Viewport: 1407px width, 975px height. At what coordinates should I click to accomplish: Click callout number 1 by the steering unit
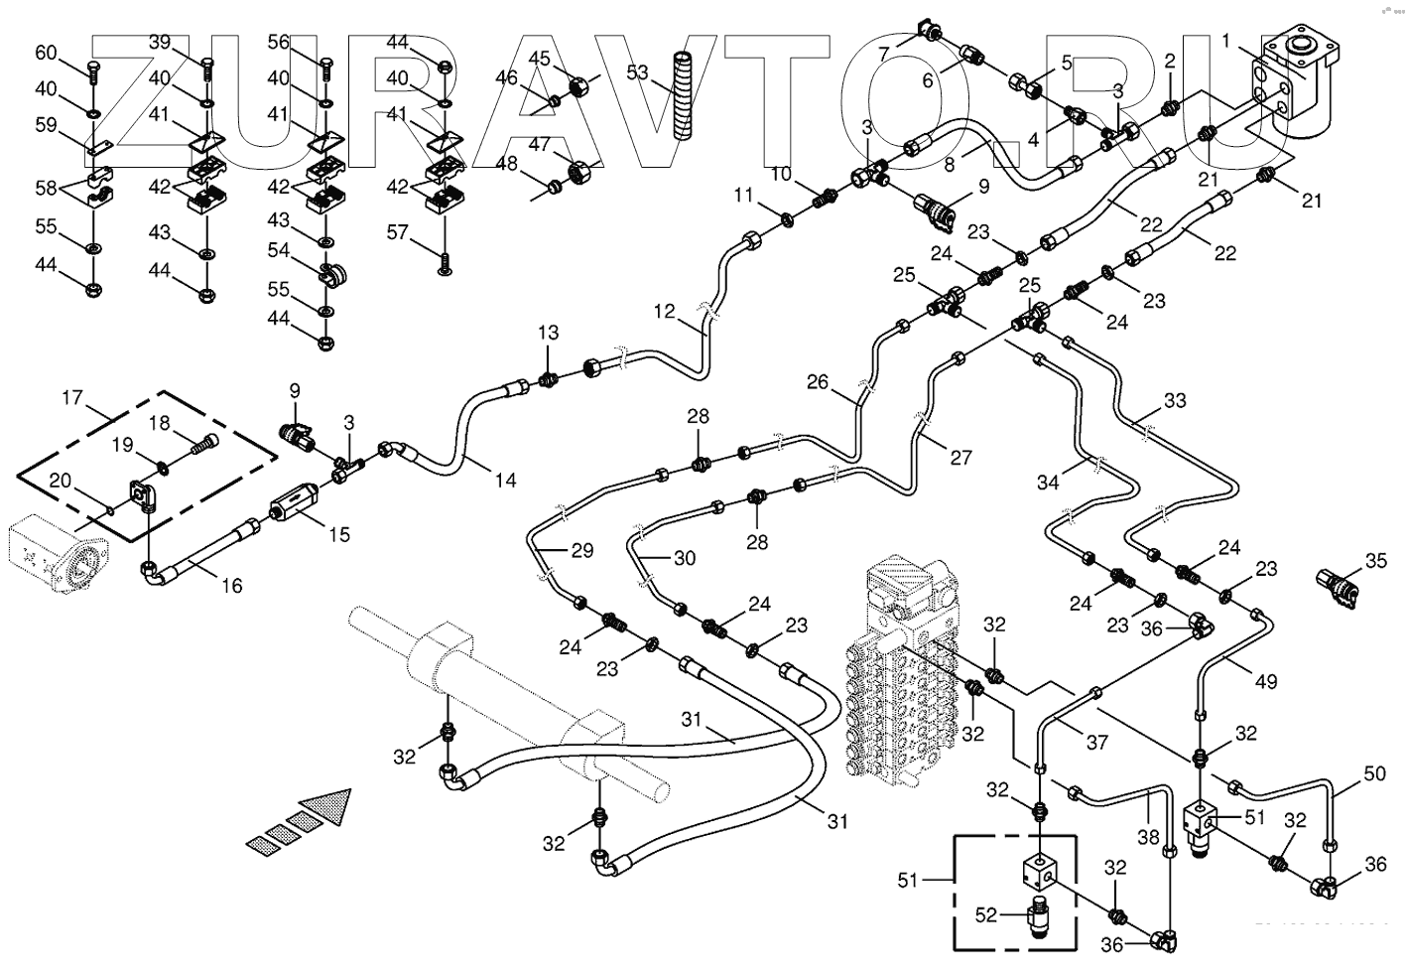pos(1227,41)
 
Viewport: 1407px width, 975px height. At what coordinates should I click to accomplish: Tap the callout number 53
pos(637,72)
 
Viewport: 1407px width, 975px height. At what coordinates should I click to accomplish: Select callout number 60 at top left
pos(47,53)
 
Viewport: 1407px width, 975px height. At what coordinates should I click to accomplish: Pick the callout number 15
pos(339,535)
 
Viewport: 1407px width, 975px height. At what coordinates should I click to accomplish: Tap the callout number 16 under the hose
pos(231,586)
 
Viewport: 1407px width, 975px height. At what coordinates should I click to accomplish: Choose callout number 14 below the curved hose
pos(505,481)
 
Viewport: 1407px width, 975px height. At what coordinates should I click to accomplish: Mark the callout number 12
pos(664,312)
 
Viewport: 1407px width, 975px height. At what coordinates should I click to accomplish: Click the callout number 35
pos(1375,561)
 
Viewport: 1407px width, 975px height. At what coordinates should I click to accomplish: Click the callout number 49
pos(1265,681)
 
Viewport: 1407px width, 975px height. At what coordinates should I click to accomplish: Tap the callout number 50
pos(1374,772)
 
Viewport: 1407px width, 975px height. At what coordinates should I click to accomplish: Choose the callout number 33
pos(1175,401)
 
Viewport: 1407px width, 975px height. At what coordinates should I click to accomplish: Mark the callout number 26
pos(817,381)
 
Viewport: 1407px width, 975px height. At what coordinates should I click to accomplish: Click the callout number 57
pos(398,232)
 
